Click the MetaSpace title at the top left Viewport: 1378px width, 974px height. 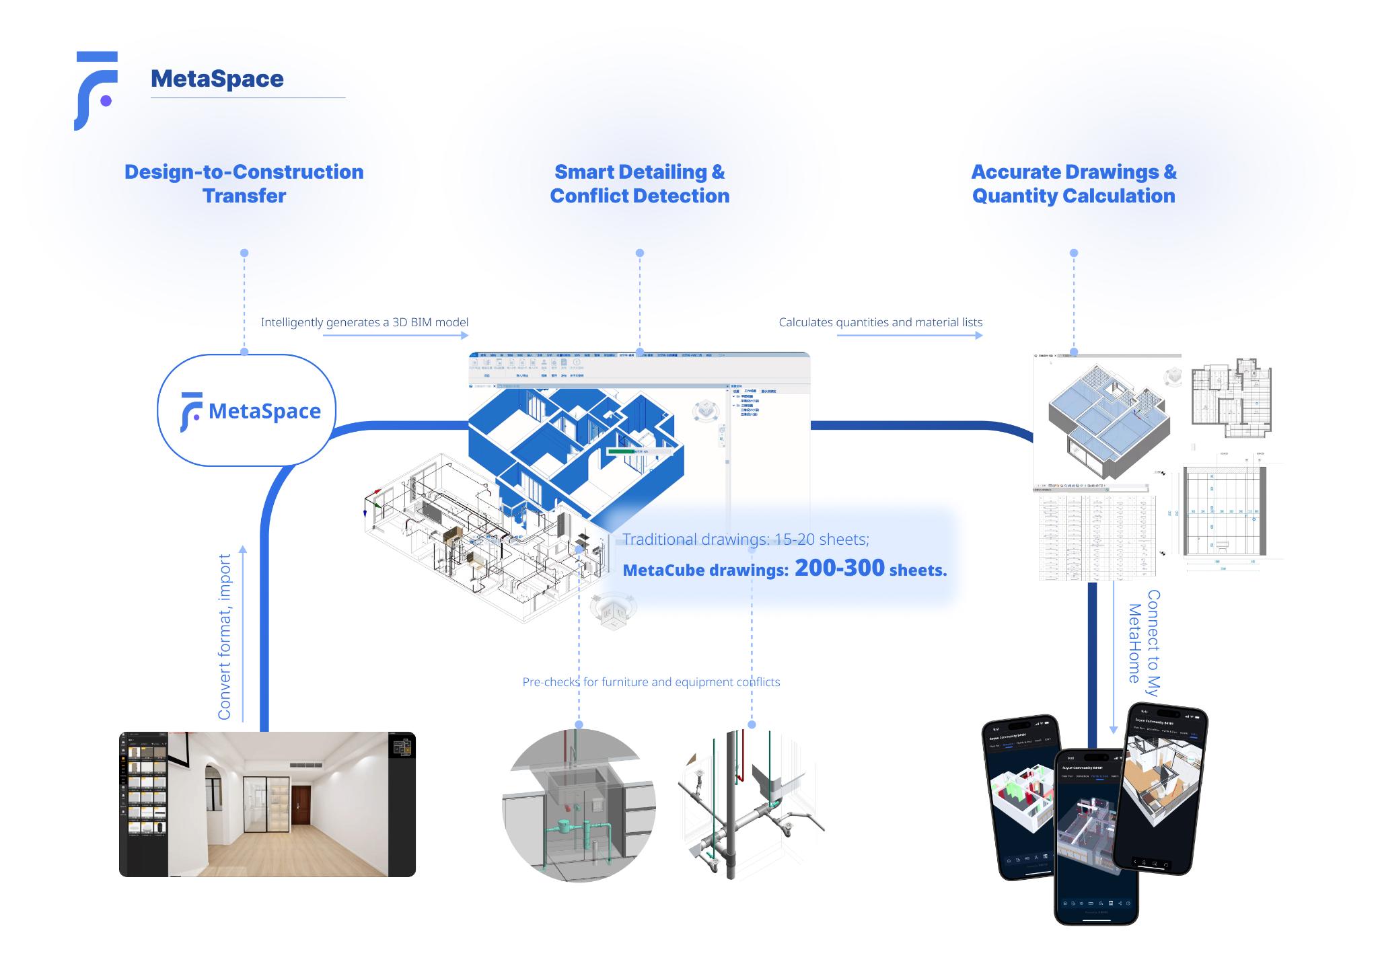click(217, 79)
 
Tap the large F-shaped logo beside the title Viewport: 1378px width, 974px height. click(96, 90)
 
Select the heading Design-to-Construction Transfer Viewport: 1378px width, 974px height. click(244, 184)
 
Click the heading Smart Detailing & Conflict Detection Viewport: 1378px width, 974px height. click(639, 184)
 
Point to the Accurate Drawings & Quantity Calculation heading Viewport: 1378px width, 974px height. click(1073, 184)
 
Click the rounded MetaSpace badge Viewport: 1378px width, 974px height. click(246, 410)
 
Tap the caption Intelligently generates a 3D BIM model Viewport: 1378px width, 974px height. click(364, 322)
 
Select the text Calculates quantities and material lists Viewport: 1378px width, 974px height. click(880, 322)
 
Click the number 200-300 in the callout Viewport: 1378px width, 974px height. click(839, 568)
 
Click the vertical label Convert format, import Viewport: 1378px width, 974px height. click(224, 636)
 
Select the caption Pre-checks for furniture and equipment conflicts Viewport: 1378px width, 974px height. click(651, 682)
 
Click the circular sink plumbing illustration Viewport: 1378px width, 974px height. click(579, 805)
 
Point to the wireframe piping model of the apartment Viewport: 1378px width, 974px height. click(458, 531)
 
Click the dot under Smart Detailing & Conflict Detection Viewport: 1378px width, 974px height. click(639, 253)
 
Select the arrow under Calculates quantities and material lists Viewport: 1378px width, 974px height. click(909, 335)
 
